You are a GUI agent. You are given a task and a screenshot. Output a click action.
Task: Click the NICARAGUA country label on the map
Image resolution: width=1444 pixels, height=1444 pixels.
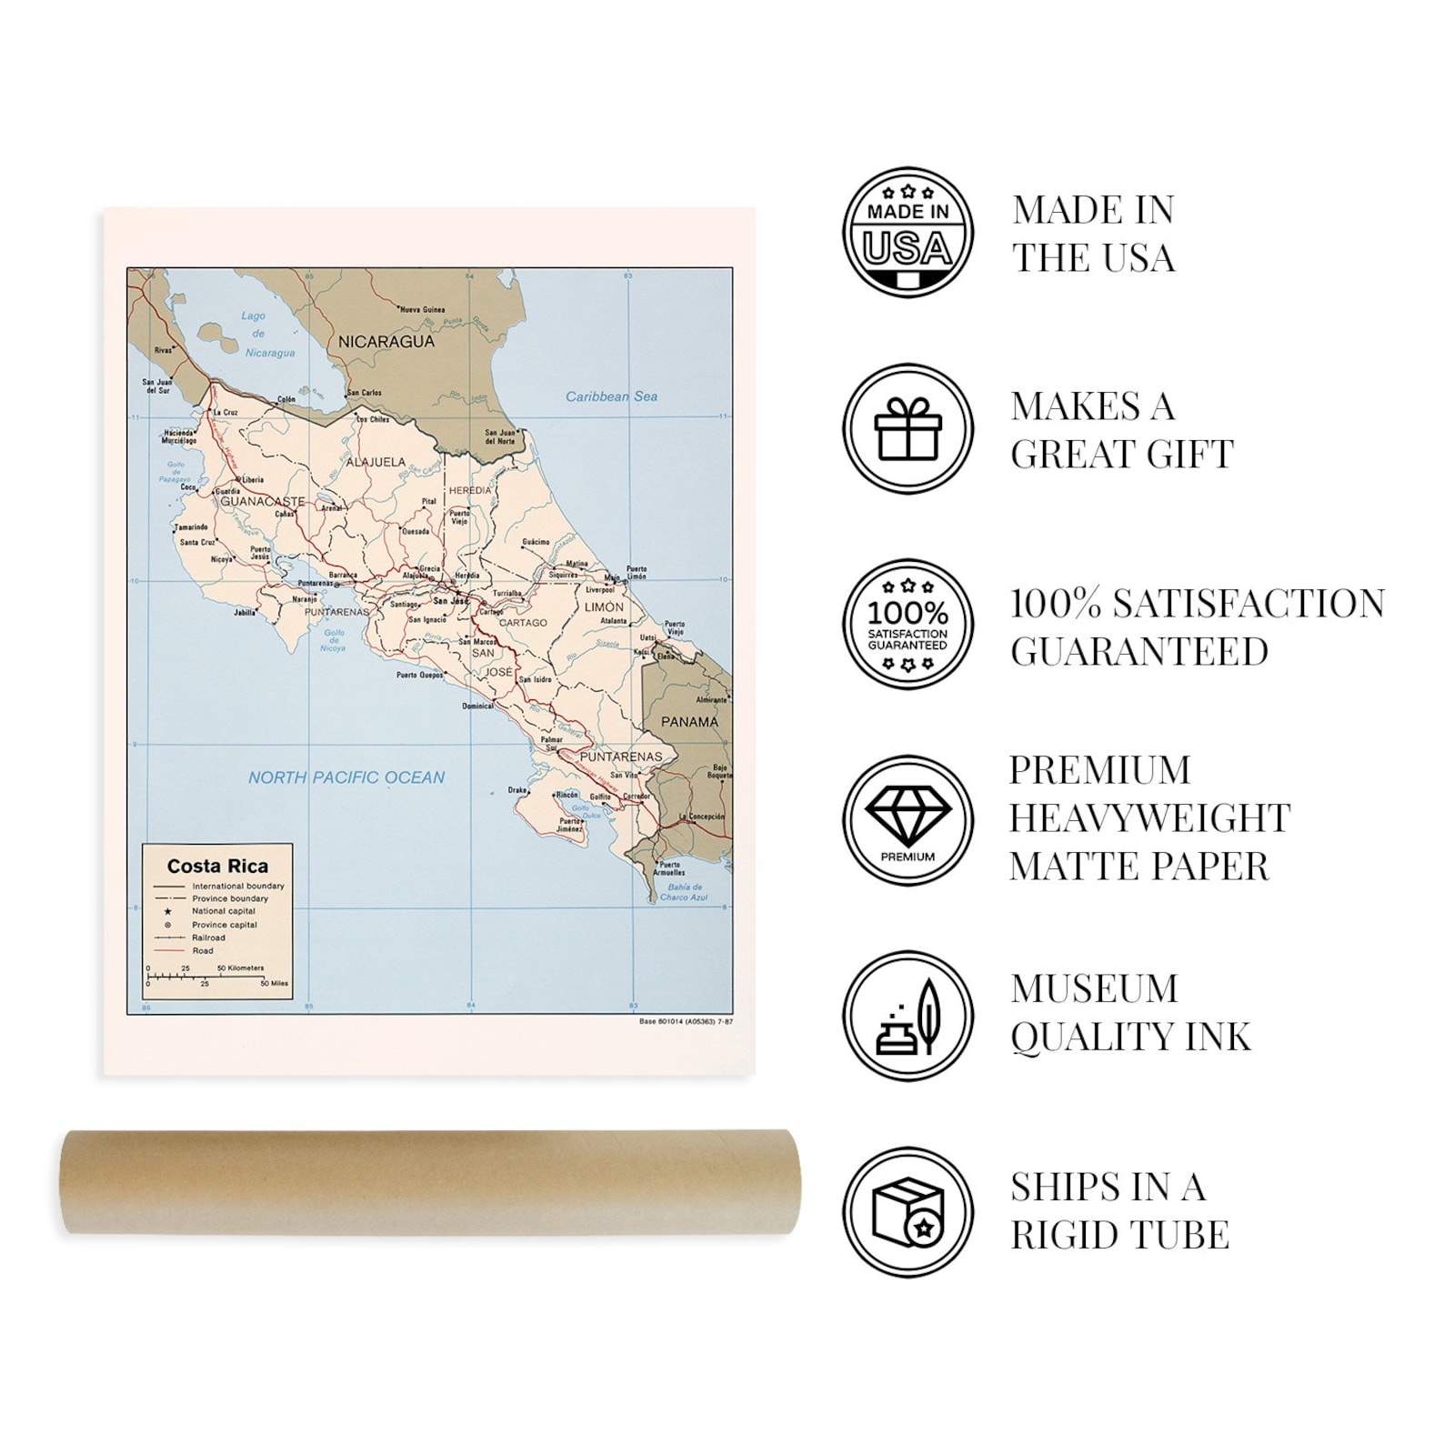click(386, 342)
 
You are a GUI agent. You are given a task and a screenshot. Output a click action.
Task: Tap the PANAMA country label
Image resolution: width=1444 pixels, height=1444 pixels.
click(689, 722)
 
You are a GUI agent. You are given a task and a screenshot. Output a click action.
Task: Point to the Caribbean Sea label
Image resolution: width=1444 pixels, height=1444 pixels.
click(611, 396)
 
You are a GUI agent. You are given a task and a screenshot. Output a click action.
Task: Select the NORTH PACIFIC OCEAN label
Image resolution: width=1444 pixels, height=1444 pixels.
click(346, 777)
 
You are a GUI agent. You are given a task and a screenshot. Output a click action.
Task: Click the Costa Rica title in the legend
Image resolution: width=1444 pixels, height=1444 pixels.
click(217, 866)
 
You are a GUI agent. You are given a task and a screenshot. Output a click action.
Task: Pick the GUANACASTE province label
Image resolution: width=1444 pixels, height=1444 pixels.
click(262, 501)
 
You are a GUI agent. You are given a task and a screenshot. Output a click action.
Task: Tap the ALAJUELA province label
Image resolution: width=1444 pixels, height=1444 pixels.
click(376, 462)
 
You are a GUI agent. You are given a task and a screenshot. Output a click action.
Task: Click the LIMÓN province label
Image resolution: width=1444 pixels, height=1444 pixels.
click(605, 607)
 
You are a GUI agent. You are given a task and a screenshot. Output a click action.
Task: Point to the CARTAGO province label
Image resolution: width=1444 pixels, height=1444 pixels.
click(523, 623)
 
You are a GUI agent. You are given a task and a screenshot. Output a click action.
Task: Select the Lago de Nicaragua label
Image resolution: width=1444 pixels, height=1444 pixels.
click(259, 334)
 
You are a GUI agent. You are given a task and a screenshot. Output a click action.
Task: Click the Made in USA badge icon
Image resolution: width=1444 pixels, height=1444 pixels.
click(908, 233)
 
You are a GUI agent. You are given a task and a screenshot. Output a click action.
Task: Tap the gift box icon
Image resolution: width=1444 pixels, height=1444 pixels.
click(908, 429)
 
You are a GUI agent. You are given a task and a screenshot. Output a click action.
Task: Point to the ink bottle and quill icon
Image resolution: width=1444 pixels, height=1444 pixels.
click(908, 1017)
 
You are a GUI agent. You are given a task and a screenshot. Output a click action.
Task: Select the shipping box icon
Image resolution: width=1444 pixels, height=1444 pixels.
click(908, 1212)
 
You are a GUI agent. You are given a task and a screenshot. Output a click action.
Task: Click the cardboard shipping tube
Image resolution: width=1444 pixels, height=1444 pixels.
click(429, 1181)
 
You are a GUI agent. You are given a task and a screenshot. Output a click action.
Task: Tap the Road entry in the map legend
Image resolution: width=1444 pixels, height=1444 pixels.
click(202, 950)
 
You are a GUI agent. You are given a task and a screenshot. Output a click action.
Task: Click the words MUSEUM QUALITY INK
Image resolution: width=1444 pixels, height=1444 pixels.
click(1130, 1012)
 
